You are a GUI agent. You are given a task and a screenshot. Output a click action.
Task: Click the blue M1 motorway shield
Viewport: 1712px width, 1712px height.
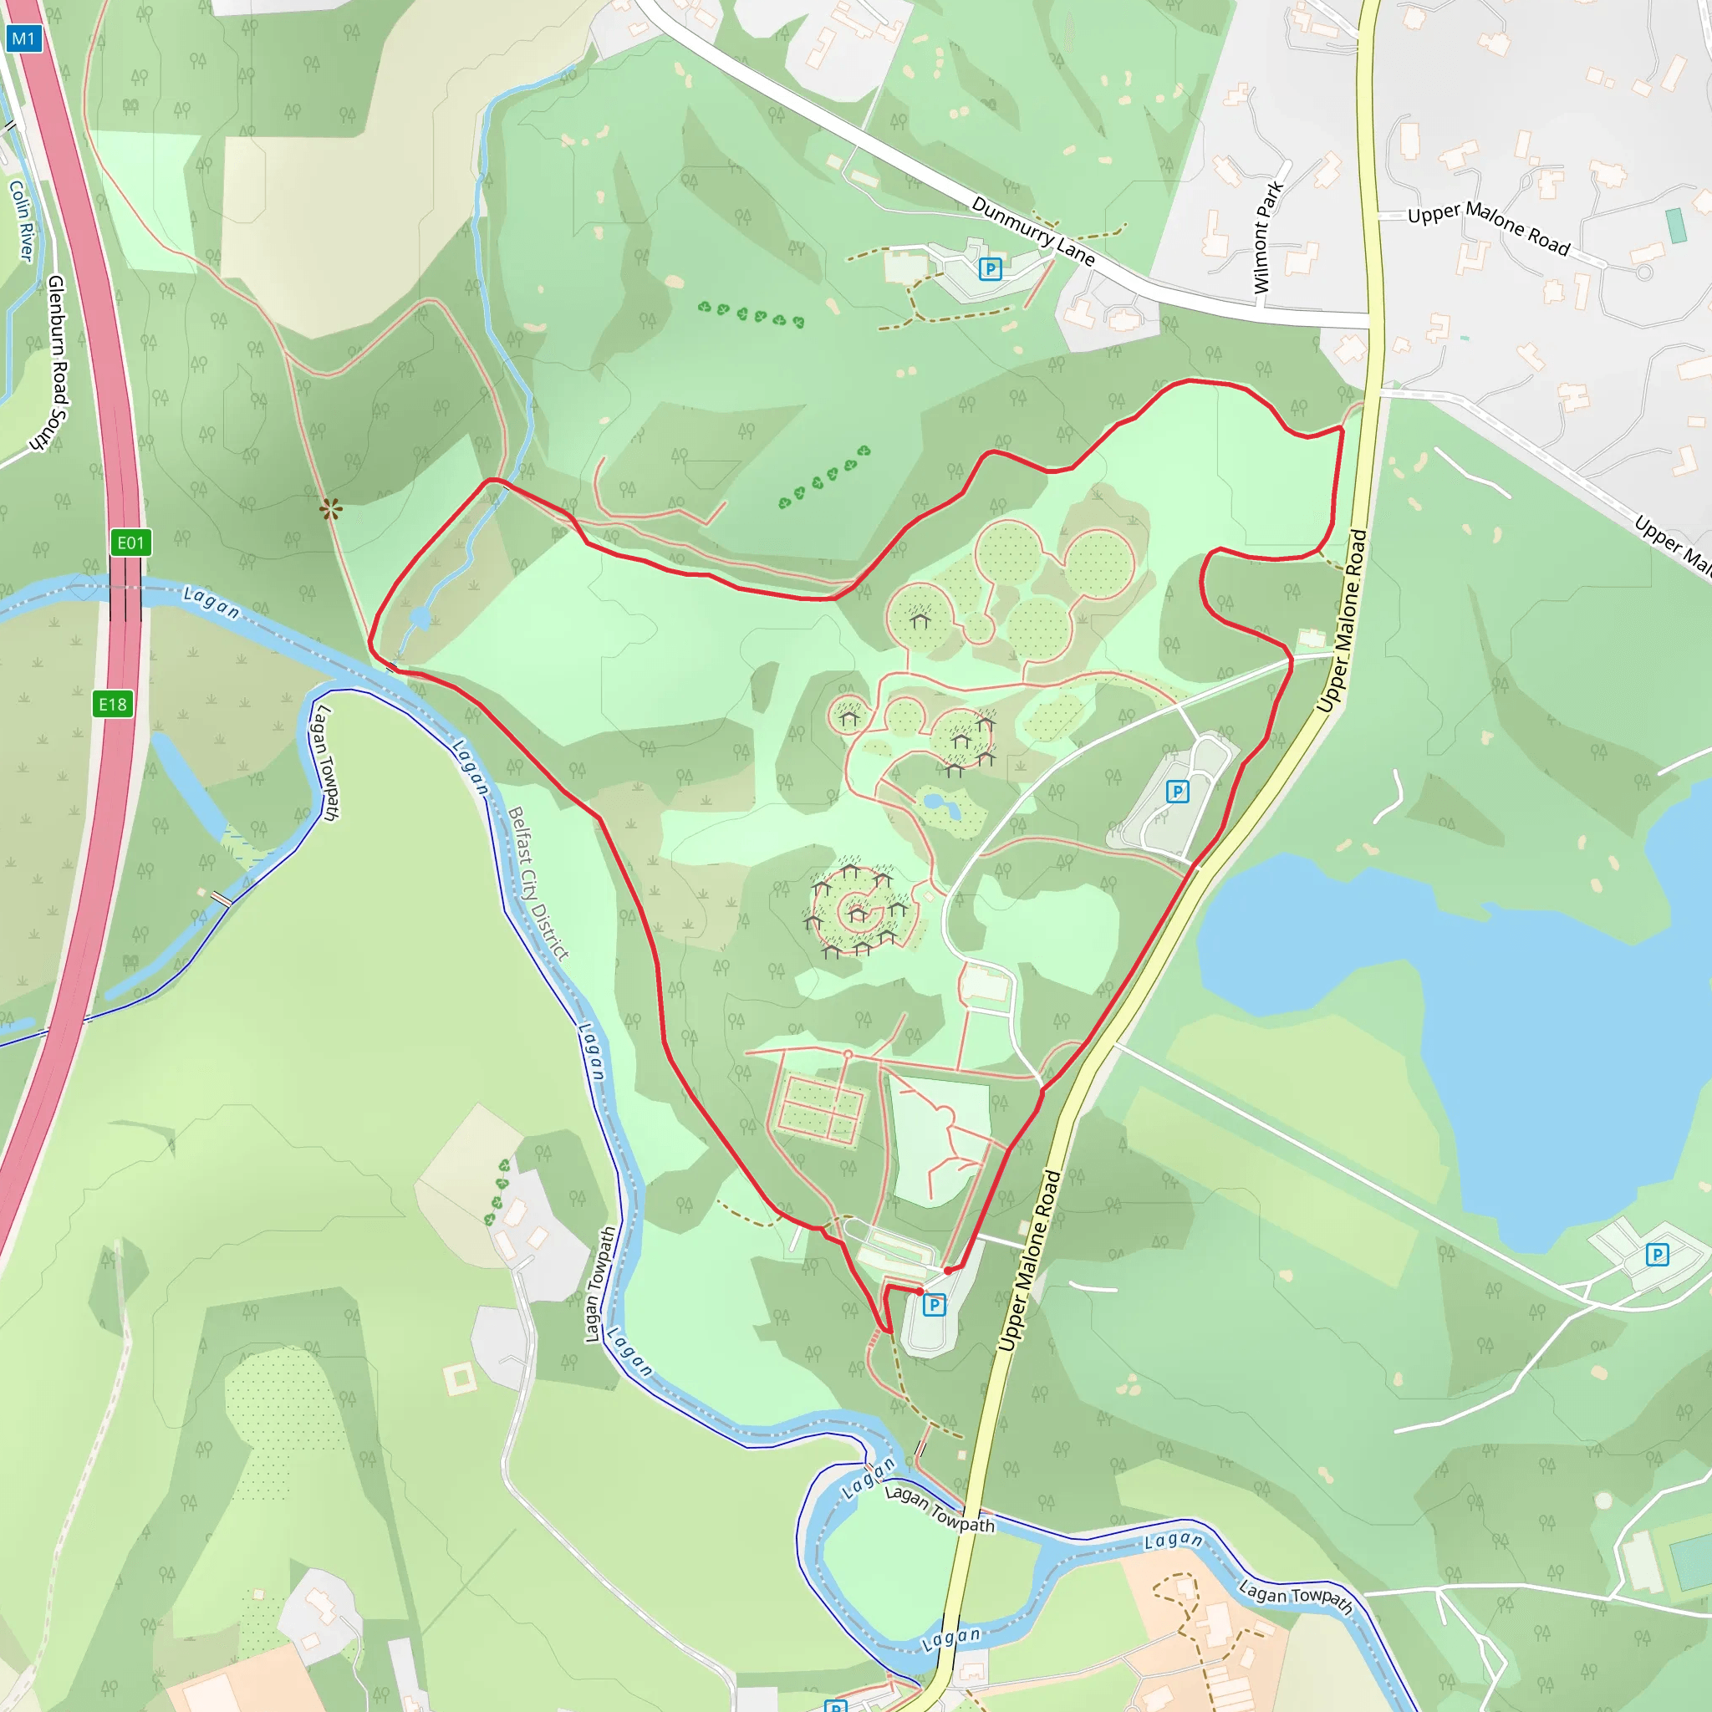(x=24, y=38)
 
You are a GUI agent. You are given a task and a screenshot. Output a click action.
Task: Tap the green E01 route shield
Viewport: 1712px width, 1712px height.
(x=130, y=543)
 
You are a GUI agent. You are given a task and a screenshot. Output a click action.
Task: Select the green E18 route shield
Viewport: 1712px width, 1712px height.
(x=113, y=704)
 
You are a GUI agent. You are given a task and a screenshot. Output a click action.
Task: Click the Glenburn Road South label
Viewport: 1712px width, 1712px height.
(x=58, y=363)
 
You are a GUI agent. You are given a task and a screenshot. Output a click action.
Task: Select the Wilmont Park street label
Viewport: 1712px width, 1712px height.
(x=1267, y=237)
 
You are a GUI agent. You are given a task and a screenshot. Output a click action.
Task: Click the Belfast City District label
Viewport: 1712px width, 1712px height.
(x=538, y=883)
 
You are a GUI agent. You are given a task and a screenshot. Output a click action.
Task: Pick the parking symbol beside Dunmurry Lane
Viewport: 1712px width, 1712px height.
(x=990, y=267)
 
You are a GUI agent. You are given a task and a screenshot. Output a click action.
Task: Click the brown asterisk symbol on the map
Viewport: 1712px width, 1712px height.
(x=330, y=508)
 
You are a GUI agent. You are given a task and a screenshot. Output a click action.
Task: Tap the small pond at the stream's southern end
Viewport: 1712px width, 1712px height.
(x=421, y=618)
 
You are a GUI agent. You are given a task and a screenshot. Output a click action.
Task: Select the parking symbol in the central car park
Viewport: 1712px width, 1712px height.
(x=1177, y=792)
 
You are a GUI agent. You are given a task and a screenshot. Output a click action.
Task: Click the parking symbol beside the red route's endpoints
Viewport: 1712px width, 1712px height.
(x=934, y=1304)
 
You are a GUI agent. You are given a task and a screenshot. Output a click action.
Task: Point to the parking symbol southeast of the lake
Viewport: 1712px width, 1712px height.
(x=1657, y=1255)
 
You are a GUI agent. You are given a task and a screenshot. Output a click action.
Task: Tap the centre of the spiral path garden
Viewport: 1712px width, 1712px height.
(x=856, y=911)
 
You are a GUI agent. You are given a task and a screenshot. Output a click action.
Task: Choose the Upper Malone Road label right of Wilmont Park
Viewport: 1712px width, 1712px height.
(x=1489, y=227)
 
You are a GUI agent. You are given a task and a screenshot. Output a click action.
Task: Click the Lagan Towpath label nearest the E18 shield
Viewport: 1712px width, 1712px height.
(x=324, y=762)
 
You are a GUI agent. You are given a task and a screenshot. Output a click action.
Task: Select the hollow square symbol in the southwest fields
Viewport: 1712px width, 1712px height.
(x=460, y=1378)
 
